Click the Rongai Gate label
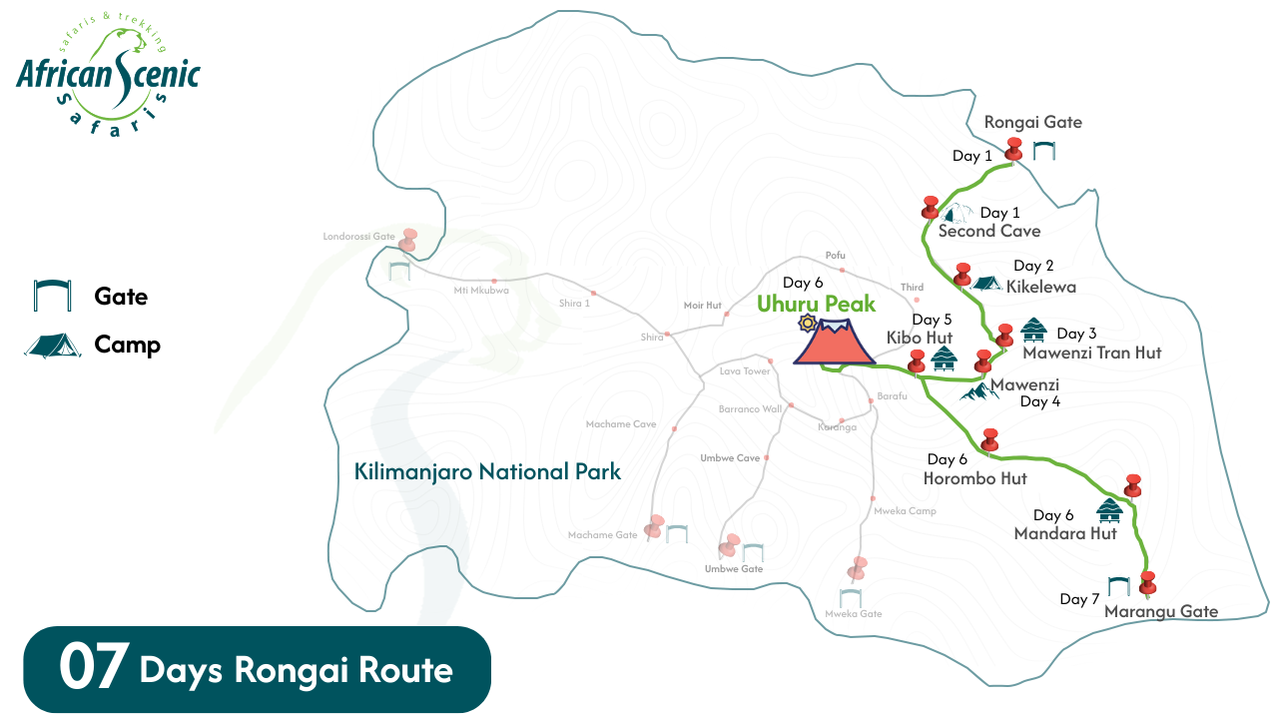1032,123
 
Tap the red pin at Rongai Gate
1014,149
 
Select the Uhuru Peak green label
816,304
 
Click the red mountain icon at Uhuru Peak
834,343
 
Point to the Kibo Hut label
919,338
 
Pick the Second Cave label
988,232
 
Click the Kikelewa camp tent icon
986,284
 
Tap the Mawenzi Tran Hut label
1091,353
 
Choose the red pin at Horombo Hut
989,439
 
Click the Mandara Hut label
1064,534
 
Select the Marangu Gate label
1161,611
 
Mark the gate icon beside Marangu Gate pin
1118,586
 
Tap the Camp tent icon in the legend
53,346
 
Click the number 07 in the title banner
93,669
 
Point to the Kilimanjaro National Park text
487,471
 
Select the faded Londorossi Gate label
358,237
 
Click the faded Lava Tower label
745,371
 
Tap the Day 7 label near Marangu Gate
1079,599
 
